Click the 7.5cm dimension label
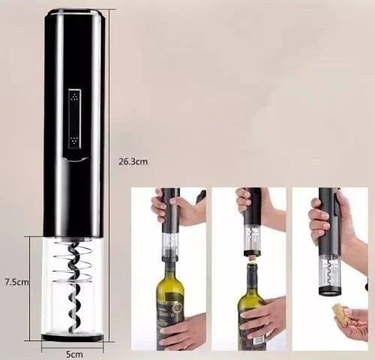[x=16, y=282]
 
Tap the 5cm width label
[x=72, y=352]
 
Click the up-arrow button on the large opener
[x=73, y=97]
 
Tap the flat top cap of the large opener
[x=73, y=12]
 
